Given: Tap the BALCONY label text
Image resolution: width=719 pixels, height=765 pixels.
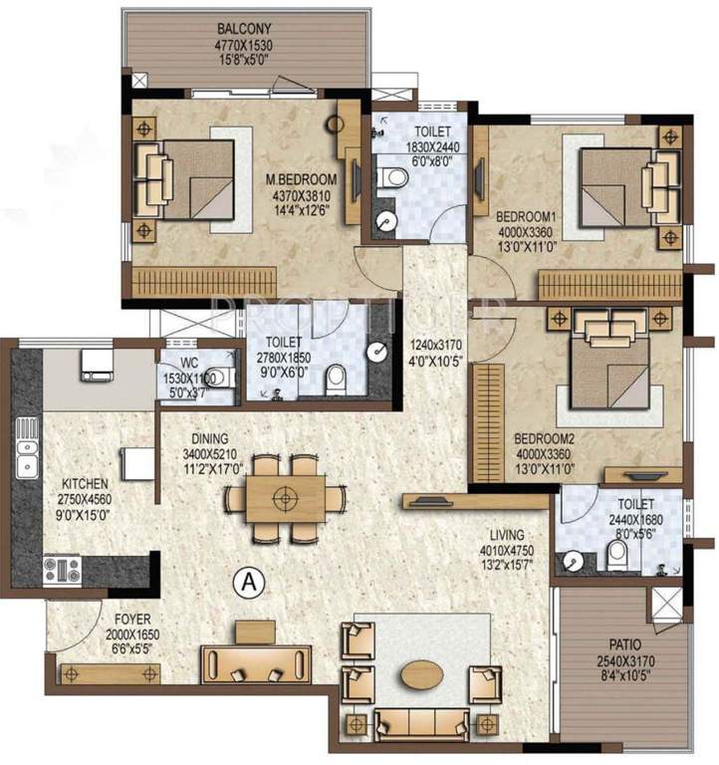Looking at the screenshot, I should click(245, 29).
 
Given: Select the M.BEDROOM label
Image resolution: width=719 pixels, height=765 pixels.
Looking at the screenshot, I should click(301, 179).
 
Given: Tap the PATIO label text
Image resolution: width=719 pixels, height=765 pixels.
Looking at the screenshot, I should click(622, 643).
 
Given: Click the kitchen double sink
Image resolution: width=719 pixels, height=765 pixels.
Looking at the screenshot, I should click(27, 461).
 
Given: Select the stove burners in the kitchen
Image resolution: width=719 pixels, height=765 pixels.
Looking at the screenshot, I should click(59, 570).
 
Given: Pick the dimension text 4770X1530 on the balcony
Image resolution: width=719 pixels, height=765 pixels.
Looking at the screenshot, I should click(245, 45).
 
